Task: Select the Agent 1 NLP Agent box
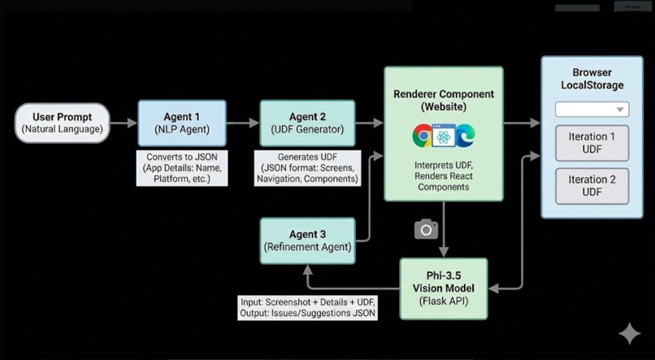tap(181, 123)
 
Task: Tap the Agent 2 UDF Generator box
tap(307, 123)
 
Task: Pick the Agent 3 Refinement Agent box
tap(307, 241)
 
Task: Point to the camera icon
tap(426, 230)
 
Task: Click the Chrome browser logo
tap(423, 136)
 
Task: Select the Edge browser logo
tap(465, 136)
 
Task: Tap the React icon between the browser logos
tap(444, 136)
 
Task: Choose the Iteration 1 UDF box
tap(592, 143)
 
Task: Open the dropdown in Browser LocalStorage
tap(592, 110)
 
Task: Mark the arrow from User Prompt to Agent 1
tap(124, 124)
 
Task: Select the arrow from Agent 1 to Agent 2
tap(242, 124)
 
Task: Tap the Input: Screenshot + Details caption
tap(307, 306)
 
